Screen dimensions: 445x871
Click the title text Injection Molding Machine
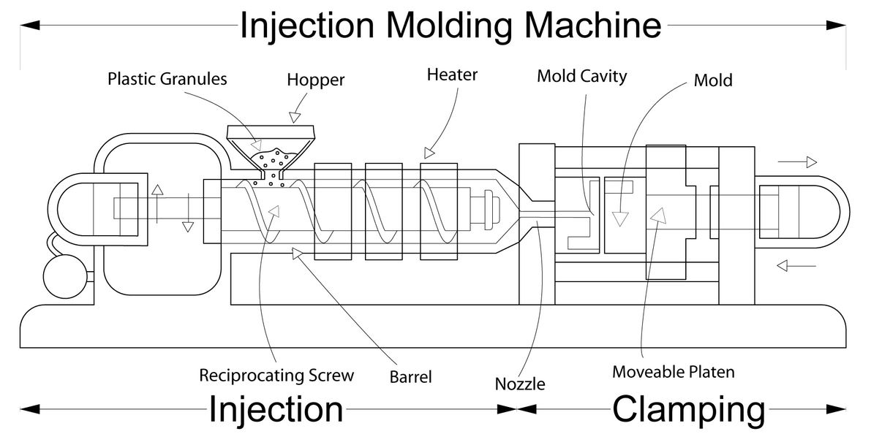point(450,26)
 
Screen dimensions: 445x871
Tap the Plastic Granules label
point(167,78)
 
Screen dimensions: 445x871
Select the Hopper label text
point(315,79)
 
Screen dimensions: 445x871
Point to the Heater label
point(452,75)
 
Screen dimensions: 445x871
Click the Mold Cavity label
point(581,75)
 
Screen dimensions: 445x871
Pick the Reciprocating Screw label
point(276,376)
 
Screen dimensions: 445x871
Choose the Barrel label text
point(410,377)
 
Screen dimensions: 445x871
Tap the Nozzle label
point(520,383)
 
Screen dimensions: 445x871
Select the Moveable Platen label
point(673,372)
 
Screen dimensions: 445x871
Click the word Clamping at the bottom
point(688,410)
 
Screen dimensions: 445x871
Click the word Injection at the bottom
point(276,410)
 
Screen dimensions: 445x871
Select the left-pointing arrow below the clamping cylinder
point(797,265)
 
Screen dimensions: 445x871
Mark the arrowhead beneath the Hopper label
point(295,116)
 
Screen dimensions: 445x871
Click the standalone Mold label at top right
point(712,80)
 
